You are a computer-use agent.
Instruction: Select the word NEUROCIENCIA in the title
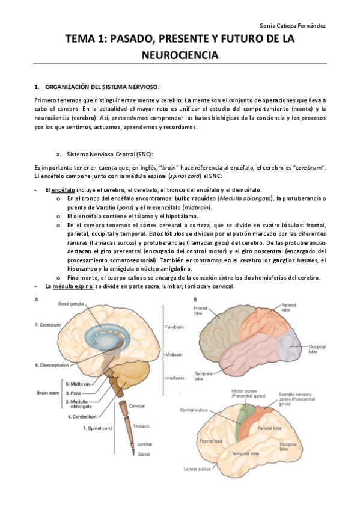180,55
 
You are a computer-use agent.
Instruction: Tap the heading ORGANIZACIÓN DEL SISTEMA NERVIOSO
103,87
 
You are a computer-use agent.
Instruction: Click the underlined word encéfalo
60,190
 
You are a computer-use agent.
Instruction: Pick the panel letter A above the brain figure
38,299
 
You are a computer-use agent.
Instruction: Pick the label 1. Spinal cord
97,429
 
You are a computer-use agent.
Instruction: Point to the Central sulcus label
194,410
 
